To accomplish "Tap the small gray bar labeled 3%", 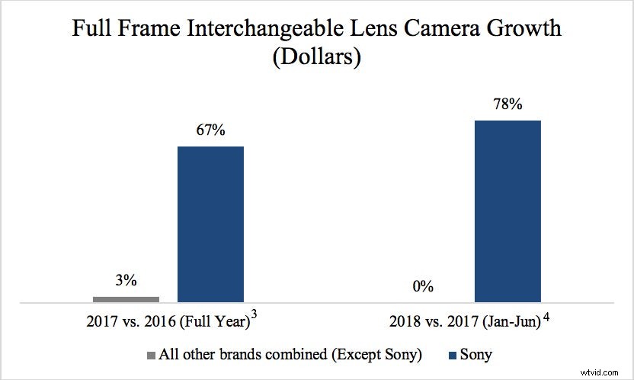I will point(126,298).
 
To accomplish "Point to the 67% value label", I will point(211,130).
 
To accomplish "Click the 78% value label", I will point(507,105).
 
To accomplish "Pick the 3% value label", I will point(126,280).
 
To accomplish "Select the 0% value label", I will point(422,288).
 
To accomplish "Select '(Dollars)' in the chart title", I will point(317,58).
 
